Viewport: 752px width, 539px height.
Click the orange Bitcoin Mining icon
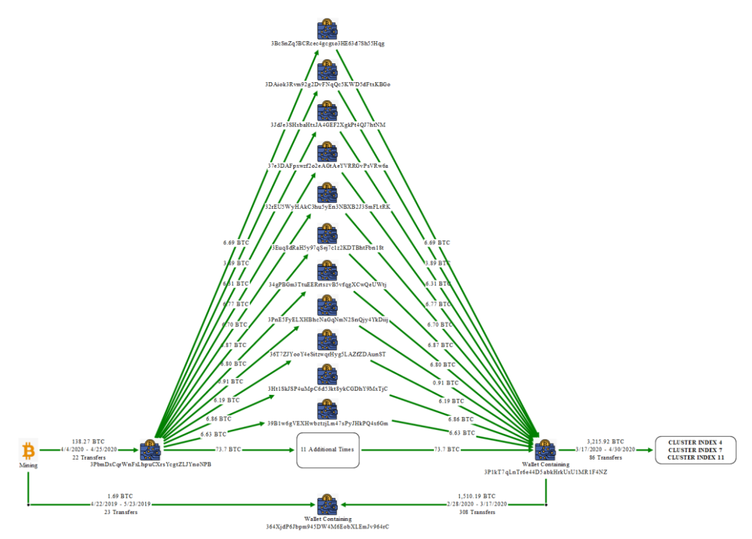(x=29, y=450)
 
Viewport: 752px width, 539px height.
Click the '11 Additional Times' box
(x=327, y=450)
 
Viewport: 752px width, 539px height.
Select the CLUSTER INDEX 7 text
(x=695, y=450)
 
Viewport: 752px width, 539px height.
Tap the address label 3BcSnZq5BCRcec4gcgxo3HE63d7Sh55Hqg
(x=327, y=43)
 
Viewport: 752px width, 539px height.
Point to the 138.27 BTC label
(x=88, y=442)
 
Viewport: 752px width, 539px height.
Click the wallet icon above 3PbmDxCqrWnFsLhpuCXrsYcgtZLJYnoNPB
(x=150, y=449)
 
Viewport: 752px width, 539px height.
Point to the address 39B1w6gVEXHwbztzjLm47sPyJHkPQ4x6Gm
(x=327, y=423)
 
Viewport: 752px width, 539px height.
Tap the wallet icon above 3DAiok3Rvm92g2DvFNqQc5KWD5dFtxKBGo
(x=327, y=70)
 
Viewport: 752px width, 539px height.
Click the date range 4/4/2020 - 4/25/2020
(x=88, y=450)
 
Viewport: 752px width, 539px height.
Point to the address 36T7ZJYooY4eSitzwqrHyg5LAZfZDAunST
(x=327, y=354)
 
